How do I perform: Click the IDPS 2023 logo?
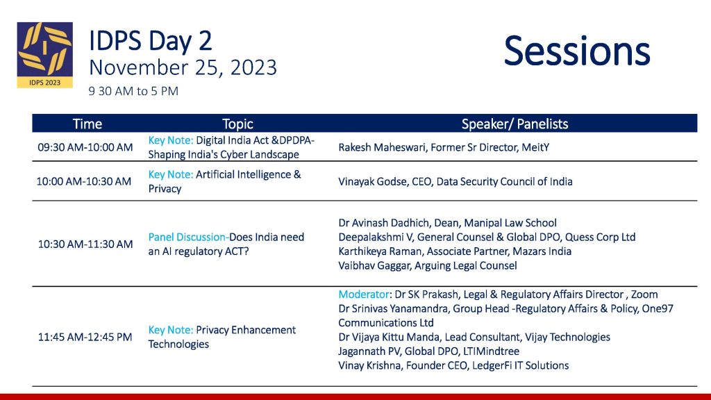click(45, 55)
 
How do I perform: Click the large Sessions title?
click(577, 51)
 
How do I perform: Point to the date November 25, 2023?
click(183, 67)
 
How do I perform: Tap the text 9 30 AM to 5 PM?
click(133, 91)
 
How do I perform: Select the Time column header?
click(87, 124)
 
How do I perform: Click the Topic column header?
click(237, 124)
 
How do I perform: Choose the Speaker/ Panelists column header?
click(515, 124)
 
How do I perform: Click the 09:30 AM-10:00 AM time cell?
click(85, 147)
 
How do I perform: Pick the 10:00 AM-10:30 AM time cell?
click(84, 181)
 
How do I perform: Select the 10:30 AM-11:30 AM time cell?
click(85, 244)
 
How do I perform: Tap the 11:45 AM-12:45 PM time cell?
click(85, 337)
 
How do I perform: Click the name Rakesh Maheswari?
click(382, 147)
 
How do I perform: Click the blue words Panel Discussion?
click(187, 237)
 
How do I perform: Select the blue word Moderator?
click(364, 294)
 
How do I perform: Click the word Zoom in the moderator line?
click(644, 294)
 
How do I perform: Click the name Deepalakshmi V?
click(376, 237)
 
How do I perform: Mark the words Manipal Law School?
click(510, 223)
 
